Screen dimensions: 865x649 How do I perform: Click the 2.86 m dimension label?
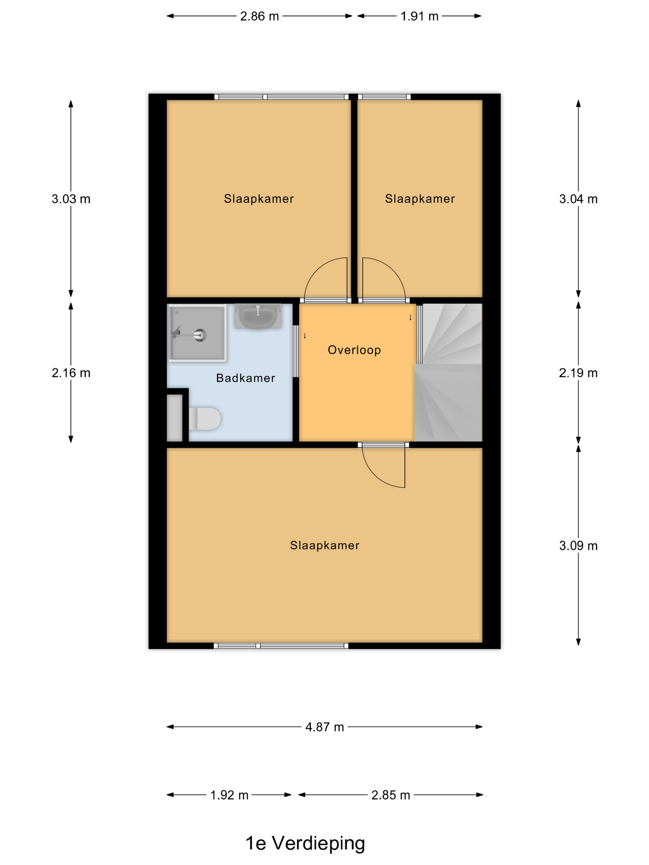(259, 16)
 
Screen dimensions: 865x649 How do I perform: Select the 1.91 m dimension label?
(419, 16)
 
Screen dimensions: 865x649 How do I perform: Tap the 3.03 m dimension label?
(71, 199)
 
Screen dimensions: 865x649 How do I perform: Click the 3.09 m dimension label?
(578, 546)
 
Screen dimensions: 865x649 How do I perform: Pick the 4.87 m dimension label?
(324, 727)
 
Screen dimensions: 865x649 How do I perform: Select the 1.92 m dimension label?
(229, 795)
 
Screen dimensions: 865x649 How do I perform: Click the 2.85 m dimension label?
(390, 795)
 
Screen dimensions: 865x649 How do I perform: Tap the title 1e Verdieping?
(305, 843)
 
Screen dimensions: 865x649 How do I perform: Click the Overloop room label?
(354, 350)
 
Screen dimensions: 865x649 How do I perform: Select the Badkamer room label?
(246, 378)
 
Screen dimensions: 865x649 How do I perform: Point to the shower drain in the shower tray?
(200, 335)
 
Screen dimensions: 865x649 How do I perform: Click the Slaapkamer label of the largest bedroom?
(324, 546)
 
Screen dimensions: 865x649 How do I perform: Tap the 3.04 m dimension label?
(578, 199)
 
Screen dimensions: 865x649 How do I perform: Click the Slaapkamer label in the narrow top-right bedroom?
(420, 199)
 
